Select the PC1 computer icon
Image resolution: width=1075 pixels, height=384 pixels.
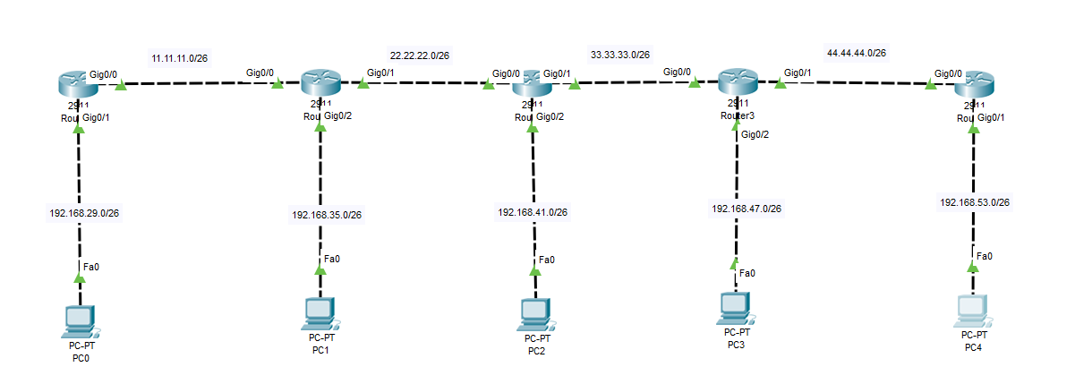pos(319,311)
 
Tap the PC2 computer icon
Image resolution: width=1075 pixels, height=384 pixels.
pos(535,313)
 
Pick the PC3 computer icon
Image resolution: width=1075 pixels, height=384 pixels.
pos(734,307)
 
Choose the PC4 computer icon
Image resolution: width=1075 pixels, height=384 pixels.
pos(974,310)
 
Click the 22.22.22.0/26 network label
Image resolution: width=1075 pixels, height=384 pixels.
pos(419,55)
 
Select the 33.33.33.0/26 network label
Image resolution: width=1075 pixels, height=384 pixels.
pos(619,55)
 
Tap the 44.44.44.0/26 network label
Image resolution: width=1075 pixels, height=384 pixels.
pos(856,54)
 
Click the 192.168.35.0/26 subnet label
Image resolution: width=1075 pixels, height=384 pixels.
pos(327,215)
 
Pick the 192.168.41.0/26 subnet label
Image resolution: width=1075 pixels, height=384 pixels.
pos(533,213)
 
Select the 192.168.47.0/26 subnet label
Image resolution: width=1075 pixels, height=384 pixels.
pos(747,209)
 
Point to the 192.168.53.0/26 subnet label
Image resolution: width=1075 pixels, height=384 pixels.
pos(975,203)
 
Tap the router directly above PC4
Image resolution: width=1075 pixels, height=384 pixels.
pos(975,87)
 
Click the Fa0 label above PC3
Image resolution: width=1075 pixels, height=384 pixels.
pos(747,273)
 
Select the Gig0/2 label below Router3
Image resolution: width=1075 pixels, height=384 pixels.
pos(755,134)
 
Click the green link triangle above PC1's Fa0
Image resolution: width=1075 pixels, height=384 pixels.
pos(320,269)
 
